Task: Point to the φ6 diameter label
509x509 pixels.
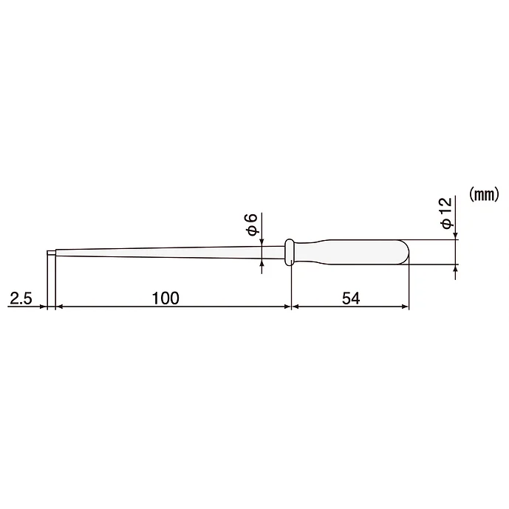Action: [x=251, y=223]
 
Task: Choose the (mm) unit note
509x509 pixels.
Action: [x=484, y=194]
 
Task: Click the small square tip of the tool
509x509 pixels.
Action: [x=51, y=254]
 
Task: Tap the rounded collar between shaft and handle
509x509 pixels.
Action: [x=290, y=252]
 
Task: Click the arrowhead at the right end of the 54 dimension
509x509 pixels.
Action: [x=405, y=306]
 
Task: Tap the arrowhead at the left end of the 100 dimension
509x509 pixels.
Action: [x=59, y=306]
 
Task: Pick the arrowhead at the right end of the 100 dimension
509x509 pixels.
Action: [x=287, y=306]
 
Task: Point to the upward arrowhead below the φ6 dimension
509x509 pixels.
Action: [x=262, y=267]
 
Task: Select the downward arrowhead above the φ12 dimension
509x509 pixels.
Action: [x=456, y=236]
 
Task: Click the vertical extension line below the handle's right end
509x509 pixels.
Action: [x=409, y=288]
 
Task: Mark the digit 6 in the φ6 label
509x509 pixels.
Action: [x=251, y=218]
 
